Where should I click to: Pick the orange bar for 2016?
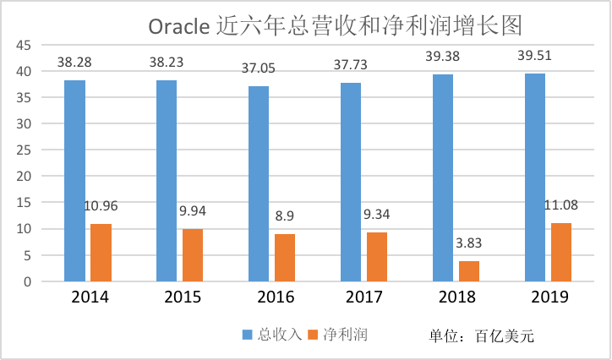(285, 257)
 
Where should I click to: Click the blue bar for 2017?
(351, 182)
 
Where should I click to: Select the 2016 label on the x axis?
(271, 297)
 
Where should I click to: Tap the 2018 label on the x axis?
(456, 297)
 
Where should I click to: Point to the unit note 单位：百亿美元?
(481, 335)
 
